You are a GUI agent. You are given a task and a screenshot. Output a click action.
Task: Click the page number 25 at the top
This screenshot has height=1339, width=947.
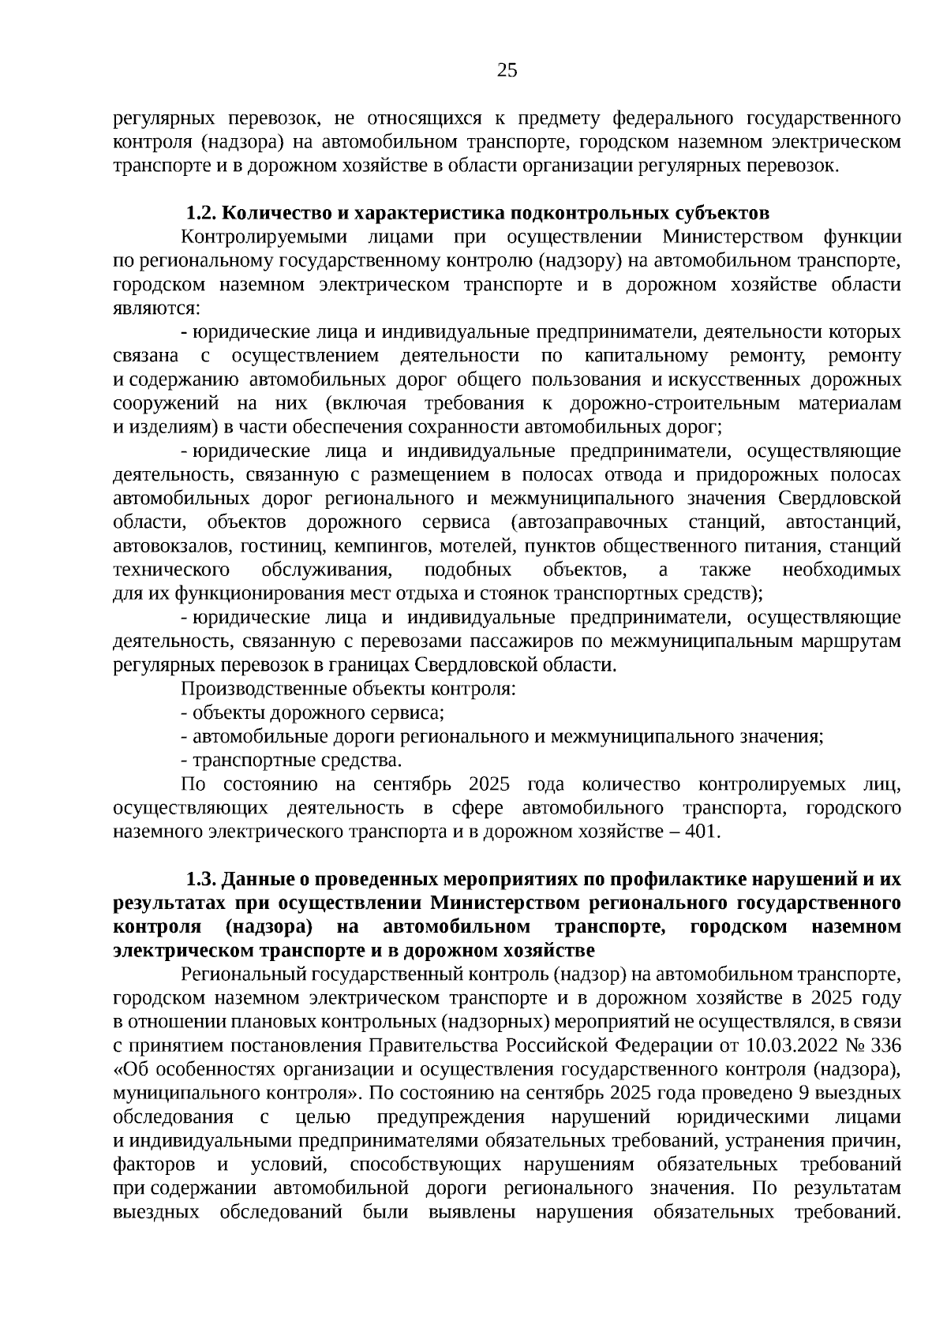[507, 71]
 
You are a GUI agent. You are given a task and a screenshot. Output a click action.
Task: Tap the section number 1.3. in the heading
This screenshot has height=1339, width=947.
[202, 879]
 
